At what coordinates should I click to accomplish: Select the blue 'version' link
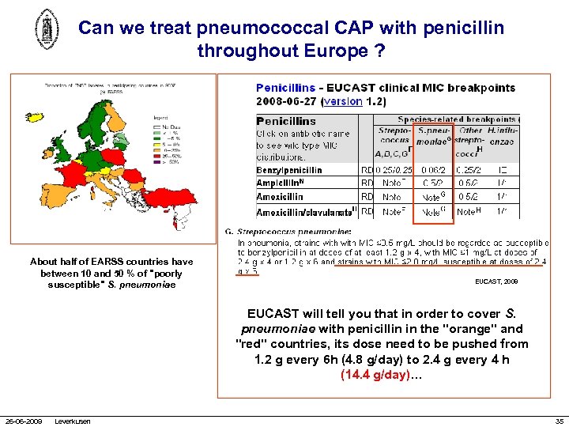(x=343, y=101)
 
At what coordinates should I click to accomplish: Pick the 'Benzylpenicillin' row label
(x=289, y=170)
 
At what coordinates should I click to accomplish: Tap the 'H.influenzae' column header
(x=502, y=136)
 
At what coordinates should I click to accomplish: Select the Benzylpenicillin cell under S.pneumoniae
(x=433, y=170)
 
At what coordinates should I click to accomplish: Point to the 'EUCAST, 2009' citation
(x=496, y=281)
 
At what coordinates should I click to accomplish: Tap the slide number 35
(x=559, y=421)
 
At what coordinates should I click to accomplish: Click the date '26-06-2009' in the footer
(x=25, y=421)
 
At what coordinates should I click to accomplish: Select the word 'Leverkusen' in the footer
(x=73, y=421)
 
